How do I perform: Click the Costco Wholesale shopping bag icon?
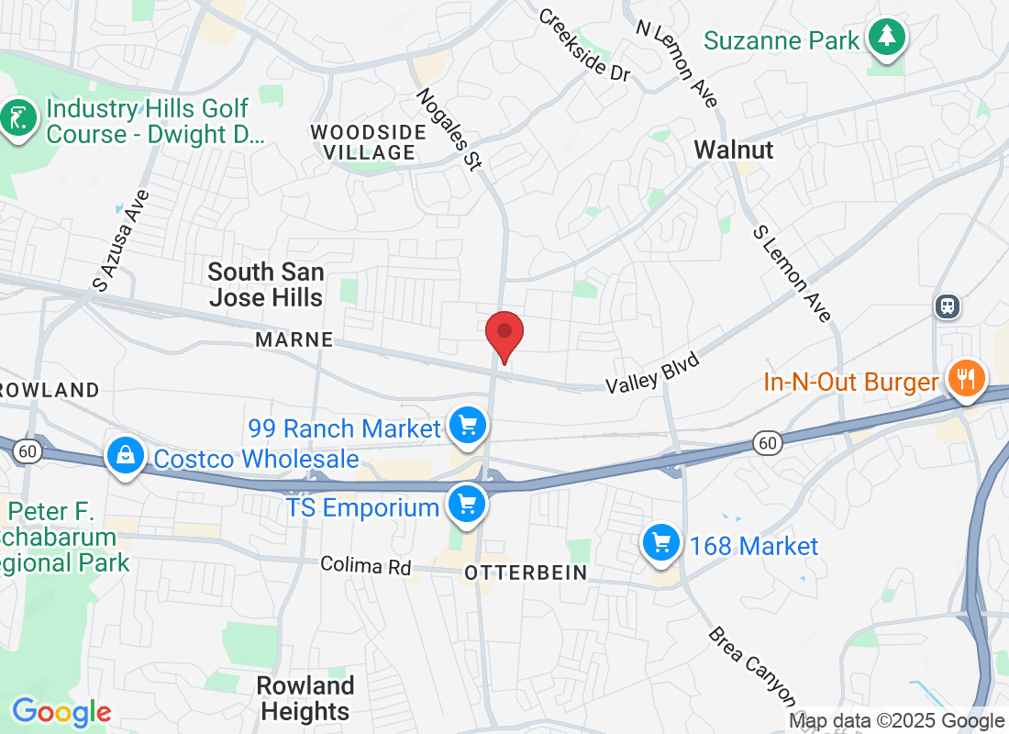tap(123, 454)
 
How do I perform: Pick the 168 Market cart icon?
tap(660, 542)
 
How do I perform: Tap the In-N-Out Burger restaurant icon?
tap(966, 376)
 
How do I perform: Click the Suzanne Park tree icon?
tap(887, 38)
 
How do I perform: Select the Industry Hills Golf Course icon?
tap(18, 117)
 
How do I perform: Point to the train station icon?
tap(948, 306)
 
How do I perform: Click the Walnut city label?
tap(734, 150)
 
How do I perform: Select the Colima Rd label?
tap(366, 565)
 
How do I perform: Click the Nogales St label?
tap(449, 128)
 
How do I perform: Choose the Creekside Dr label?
tap(585, 45)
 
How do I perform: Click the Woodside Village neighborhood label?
tap(369, 142)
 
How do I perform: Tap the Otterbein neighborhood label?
tap(526, 573)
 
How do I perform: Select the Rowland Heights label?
tap(305, 698)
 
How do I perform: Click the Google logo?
tap(61, 711)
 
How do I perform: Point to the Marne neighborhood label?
tap(294, 339)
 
